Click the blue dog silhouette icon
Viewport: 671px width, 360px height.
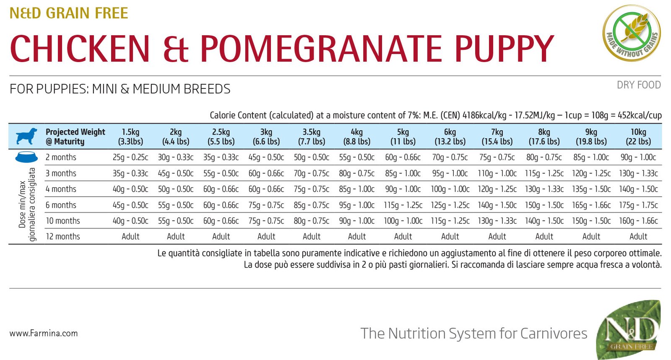26,136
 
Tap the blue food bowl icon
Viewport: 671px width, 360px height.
26,157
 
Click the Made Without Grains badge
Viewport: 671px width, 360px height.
631,33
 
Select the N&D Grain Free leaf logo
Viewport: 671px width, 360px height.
629,329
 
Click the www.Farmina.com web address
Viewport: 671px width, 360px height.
44,334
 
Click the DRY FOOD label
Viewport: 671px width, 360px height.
638,85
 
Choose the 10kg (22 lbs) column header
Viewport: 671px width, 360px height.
638,137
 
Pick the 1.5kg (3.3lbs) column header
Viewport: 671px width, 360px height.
130,137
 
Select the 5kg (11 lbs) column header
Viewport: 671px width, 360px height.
403,137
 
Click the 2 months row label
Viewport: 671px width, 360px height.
61,157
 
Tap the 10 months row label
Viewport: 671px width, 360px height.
62,221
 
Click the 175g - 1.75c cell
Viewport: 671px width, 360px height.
638,205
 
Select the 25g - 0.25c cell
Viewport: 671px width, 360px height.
130,157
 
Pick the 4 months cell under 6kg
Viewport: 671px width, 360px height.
450,189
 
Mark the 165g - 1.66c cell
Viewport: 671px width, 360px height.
591,205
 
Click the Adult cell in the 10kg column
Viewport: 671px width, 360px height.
638,237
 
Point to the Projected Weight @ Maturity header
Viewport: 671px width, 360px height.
75,137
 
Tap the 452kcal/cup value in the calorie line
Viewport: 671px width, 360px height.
640,115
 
